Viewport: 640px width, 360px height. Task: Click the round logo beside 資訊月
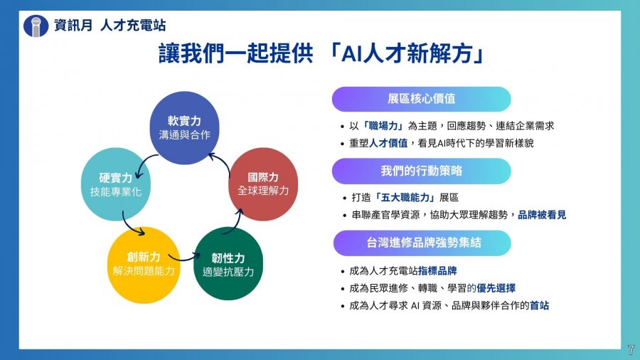coord(36,26)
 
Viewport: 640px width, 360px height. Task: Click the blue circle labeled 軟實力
coord(184,128)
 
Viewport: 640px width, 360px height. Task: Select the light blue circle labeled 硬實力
coord(116,184)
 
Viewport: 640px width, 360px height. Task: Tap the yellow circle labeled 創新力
coord(144,265)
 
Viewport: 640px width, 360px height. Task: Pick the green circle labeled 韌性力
coord(228,264)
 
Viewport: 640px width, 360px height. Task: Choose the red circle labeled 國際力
coord(263,184)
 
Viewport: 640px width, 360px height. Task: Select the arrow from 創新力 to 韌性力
coord(184,258)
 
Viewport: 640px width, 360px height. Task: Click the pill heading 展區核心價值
coord(421,99)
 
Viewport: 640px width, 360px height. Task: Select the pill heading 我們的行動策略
coord(421,171)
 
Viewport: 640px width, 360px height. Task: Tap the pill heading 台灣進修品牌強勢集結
coord(422,243)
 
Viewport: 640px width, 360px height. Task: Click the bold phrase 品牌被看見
coord(542,215)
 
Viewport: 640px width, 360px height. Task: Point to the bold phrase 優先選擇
coord(496,288)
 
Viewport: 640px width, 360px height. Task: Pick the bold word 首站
coord(539,305)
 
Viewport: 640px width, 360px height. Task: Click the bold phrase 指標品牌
coord(437,270)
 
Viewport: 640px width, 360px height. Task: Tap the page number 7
coord(631,350)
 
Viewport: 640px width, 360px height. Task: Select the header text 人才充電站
coord(133,26)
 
